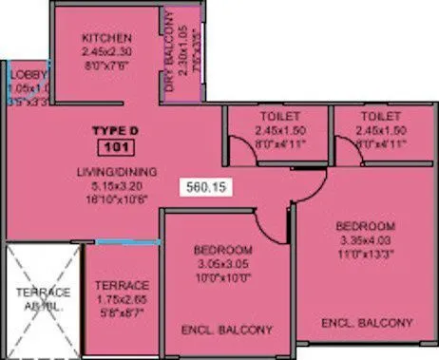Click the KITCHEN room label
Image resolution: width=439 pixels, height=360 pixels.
(106, 39)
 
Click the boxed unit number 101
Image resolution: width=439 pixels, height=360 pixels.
(114, 147)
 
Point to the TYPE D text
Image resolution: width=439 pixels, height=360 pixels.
(114, 129)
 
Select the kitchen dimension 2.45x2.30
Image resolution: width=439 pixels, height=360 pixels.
(106, 53)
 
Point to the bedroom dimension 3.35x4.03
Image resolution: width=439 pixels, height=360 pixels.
(366, 241)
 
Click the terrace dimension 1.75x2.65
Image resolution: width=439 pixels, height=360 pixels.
(124, 300)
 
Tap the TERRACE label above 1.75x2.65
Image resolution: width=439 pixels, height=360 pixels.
(124, 285)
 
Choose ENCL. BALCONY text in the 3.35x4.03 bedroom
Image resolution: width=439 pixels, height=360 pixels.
(366, 322)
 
